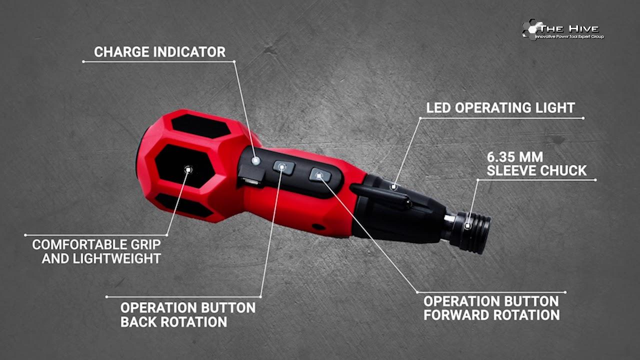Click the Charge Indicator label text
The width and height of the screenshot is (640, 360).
pyautogui.click(x=159, y=52)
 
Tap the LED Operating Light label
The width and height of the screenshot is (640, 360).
pyautogui.click(x=500, y=108)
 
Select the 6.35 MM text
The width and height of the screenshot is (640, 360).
pyautogui.click(x=515, y=157)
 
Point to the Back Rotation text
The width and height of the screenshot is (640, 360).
pyautogui.click(x=173, y=322)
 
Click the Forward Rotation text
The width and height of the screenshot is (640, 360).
pyautogui.click(x=491, y=315)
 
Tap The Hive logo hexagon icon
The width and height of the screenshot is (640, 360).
pyautogui.click(x=532, y=29)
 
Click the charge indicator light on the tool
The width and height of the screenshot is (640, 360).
pyautogui.click(x=255, y=161)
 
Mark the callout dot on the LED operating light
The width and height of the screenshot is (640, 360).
pyautogui.click(x=393, y=187)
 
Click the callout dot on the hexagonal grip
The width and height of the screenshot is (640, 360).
pyautogui.click(x=188, y=169)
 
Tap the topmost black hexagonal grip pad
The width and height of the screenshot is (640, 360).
pyautogui.click(x=200, y=126)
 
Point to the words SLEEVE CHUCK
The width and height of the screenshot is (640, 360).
pyautogui.click(x=536, y=171)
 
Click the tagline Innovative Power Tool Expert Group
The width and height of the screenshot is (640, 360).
pyautogui.click(x=569, y=37)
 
